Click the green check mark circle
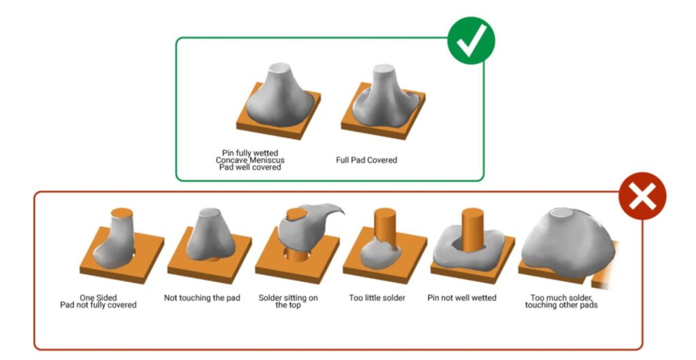[x=471, y=41]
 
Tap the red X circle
[x=642, y=196]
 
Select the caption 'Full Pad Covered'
[x=366, y=160]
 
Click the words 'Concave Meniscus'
[x=250, y=160]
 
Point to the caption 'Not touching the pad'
[x=202, y=298]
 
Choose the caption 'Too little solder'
[x=377, y=298]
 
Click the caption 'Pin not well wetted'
[x=462, y=298]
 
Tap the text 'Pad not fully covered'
[x=98, y=305]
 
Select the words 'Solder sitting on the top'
[x=288, y=301]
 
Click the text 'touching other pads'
[x=561, y=305]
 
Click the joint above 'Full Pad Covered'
[x=383, y=101]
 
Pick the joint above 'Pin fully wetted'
[x=278, y=101]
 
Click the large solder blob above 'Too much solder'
[x=568, y=242]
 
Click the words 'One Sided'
[x=98, y=298]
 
